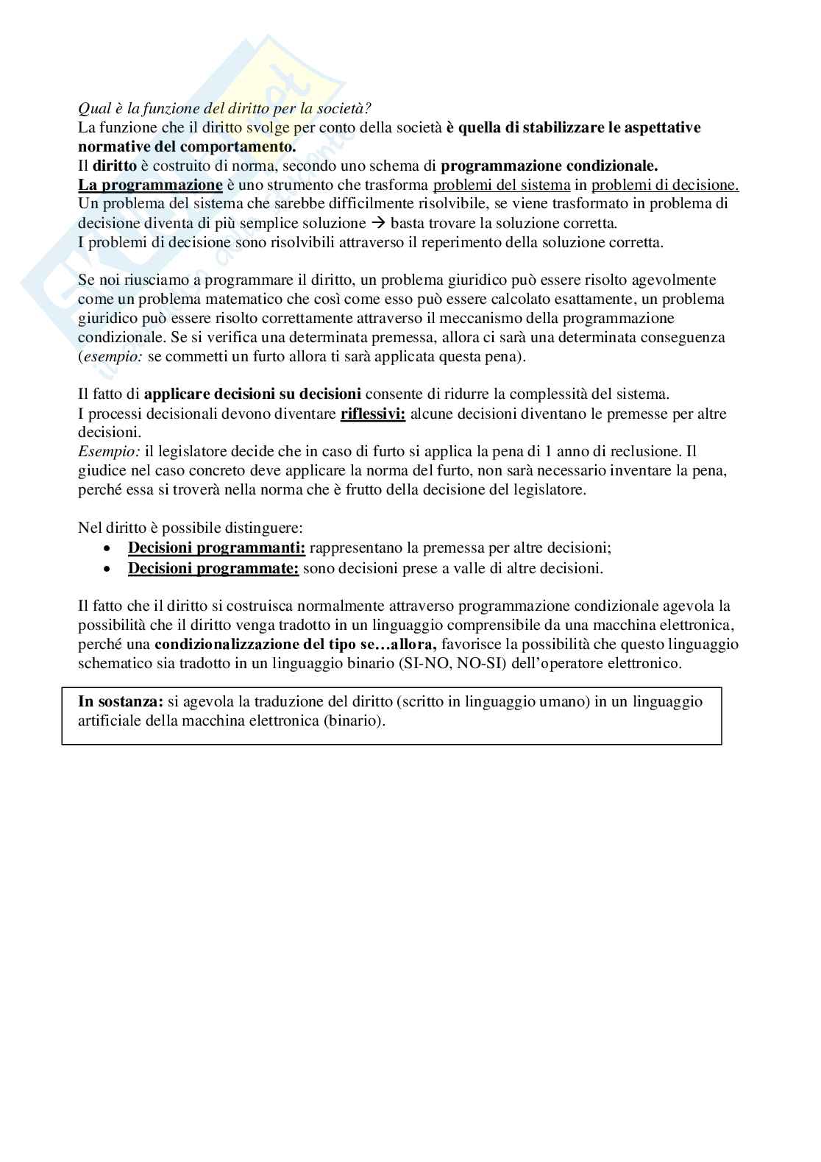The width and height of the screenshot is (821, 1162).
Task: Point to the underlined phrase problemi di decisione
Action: (665, 185)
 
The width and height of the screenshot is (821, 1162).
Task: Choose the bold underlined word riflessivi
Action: (372, 413)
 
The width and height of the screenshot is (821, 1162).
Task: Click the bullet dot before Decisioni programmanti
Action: (108, 548)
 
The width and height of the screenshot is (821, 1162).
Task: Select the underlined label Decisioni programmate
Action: (213, 567)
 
